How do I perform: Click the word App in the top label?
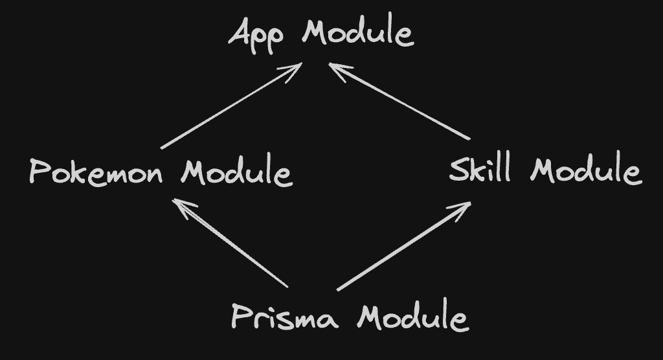point(255,34)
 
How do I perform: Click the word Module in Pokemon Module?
point(236,173)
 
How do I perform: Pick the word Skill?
point(480,171)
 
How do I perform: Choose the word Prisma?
point(284,317)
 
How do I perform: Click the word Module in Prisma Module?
point(412,317)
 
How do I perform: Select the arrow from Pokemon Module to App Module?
point(230,106)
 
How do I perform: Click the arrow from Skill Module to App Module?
point(398,102)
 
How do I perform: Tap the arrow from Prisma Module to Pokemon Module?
point(230,243)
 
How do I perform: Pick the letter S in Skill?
point(460,171)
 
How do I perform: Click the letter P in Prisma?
point(242,317)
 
